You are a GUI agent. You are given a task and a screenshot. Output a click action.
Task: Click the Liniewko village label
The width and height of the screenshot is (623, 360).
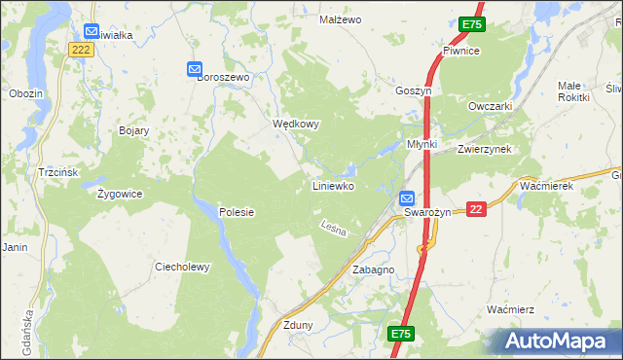(332, 185)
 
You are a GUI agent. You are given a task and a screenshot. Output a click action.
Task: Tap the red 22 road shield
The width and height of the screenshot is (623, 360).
(476, 209)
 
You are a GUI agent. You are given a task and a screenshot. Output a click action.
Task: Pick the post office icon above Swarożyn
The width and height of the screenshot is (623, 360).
(408, 198)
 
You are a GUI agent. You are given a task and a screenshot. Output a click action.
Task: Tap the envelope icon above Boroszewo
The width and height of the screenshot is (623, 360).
(194, 69)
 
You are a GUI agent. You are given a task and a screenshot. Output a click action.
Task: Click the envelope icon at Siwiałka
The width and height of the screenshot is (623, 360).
(92, 31)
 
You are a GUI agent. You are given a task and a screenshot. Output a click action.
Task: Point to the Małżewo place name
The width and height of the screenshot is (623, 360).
(341, 19)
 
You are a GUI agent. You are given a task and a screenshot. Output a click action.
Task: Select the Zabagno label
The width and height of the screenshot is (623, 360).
(373, 270)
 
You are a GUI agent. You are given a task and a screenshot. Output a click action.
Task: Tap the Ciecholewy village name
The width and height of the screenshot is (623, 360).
(182, 267)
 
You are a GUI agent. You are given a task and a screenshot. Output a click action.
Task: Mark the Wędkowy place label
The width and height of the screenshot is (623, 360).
(296, 125)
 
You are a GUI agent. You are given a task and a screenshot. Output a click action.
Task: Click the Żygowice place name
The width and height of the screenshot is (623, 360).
(120, 194)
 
